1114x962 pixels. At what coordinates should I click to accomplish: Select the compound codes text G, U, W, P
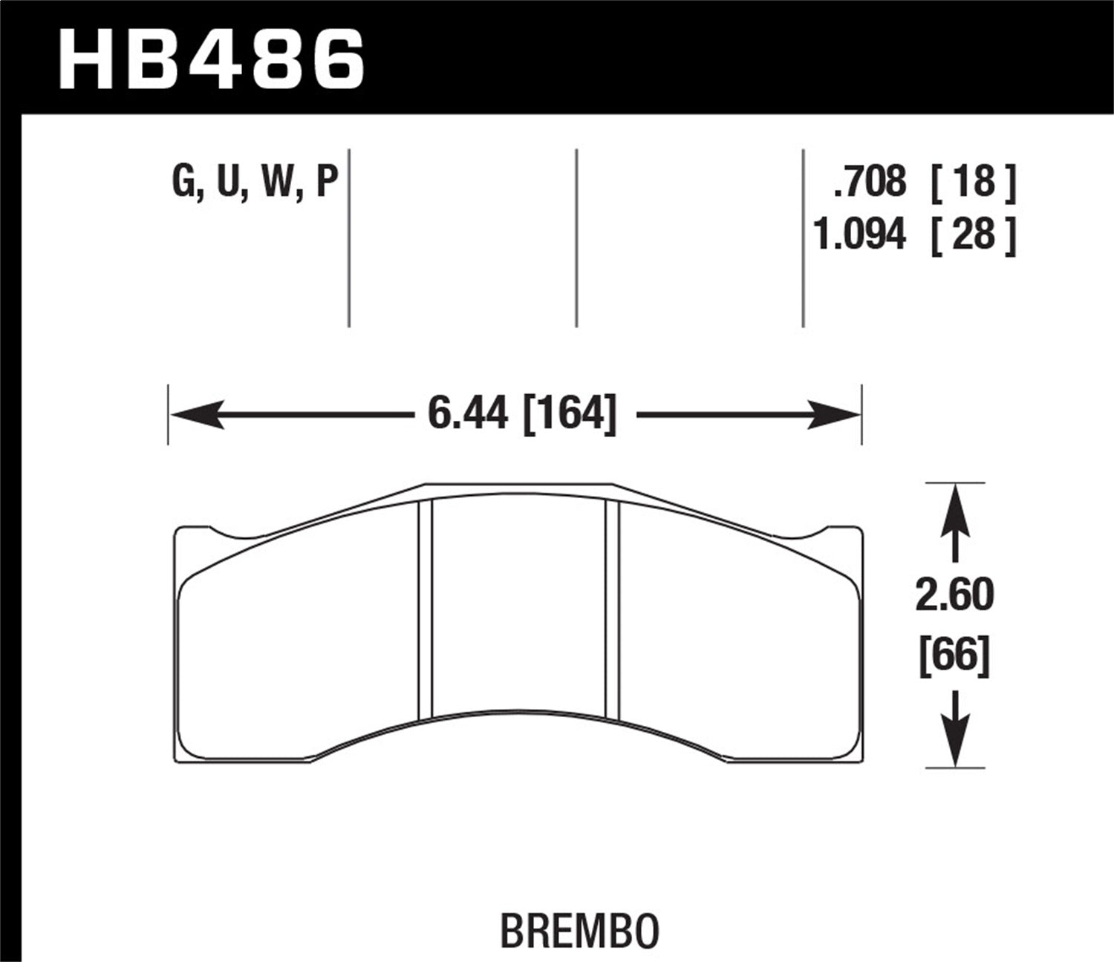tap(255, 183)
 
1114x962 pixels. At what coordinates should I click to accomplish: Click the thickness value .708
tap(870, 182)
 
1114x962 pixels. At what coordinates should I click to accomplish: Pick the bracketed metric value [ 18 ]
tap(973, 182)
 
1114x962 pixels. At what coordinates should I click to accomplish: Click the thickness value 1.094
tap(859, 235)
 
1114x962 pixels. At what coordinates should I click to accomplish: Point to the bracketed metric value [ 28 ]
tap(973, 235)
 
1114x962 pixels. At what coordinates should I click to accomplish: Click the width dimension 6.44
tap(468, 413)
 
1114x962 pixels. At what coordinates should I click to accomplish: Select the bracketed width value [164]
tap(570, 413)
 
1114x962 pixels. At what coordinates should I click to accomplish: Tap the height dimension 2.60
tap(954, 595)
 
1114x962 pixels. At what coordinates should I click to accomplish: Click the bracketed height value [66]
tap(954, 656)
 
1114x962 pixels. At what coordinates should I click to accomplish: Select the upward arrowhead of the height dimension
tap(955, 508)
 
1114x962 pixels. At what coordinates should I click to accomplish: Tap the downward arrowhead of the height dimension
tap(955, 742)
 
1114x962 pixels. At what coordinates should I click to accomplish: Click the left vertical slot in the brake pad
tap(425, 609)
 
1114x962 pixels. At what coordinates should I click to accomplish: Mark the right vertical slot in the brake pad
tap(613, 609)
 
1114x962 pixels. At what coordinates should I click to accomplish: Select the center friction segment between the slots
tap(518, 609)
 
